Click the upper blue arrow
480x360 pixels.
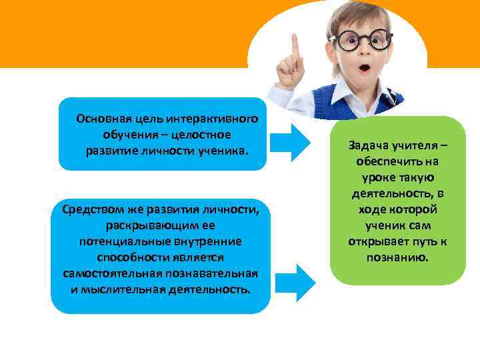click(294, 137)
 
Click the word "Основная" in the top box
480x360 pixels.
click(101, 119)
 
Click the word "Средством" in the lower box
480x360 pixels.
click(90, 209)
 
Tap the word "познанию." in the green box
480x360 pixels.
click(397, 257)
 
